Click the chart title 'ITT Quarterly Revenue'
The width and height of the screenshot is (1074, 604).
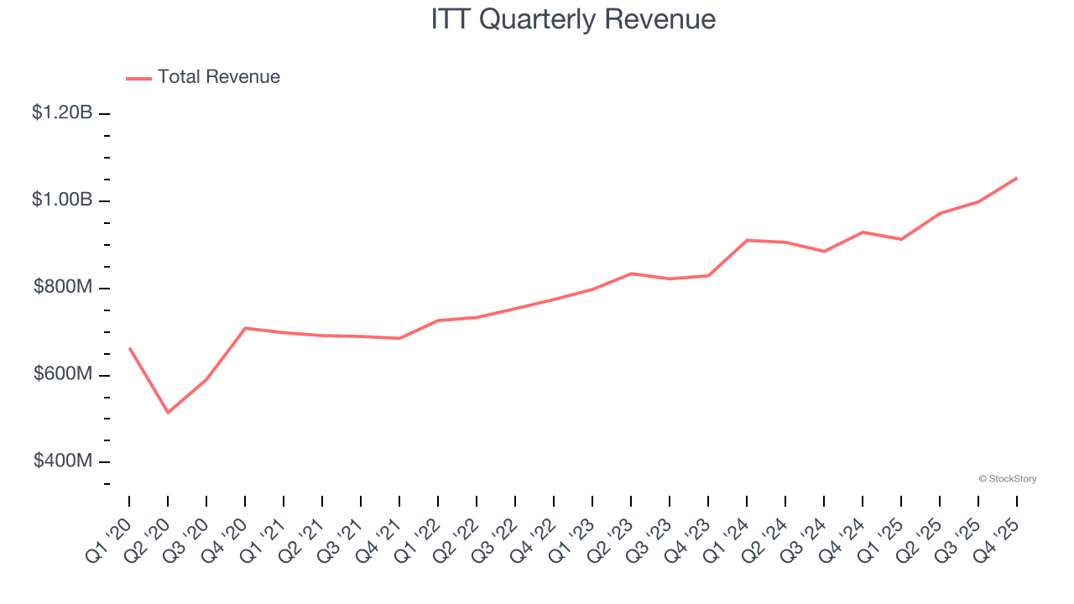coord(573,19)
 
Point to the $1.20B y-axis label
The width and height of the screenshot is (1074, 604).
coord(62,112)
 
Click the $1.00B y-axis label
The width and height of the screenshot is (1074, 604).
coord(62,200)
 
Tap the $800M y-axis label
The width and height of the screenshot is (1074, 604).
coord(63,287)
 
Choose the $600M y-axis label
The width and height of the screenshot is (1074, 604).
coord(63,374)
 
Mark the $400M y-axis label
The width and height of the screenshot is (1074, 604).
coord(63,461)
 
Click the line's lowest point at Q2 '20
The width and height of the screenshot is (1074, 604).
coord(168,413)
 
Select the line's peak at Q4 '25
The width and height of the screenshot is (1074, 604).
coord(1017,178)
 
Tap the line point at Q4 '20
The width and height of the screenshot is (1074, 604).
coord(245,328)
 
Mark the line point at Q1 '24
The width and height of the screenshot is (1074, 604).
coord(747,240)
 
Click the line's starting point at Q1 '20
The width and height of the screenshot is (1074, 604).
coord(129,348)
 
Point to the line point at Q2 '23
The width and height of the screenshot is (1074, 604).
coord(631,273)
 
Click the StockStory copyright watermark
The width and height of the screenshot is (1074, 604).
coord(1007,479)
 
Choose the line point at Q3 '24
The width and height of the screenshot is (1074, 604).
coord(824,252)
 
